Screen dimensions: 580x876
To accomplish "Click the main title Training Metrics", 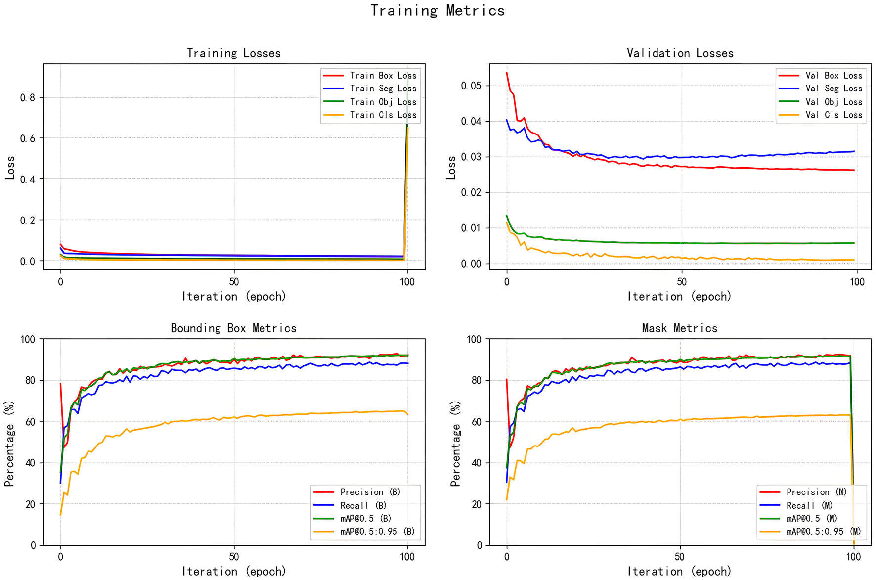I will point(438,11).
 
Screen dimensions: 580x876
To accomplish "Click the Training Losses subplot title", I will point(234,53).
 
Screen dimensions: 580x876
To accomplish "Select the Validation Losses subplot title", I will point(680,53).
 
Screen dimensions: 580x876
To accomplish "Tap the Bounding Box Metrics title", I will point(233,328).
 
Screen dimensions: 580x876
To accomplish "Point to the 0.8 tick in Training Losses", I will point(28,98).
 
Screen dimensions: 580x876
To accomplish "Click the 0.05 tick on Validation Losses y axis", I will point(471,86).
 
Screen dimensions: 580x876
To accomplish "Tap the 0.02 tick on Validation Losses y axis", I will point(471,192).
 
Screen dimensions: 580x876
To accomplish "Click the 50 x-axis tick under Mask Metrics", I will point(680,557).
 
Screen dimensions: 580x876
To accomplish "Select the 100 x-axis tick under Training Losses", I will point(407,282).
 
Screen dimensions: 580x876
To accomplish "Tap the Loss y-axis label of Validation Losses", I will point(451,168).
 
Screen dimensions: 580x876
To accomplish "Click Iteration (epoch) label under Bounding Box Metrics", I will point(234,572).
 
